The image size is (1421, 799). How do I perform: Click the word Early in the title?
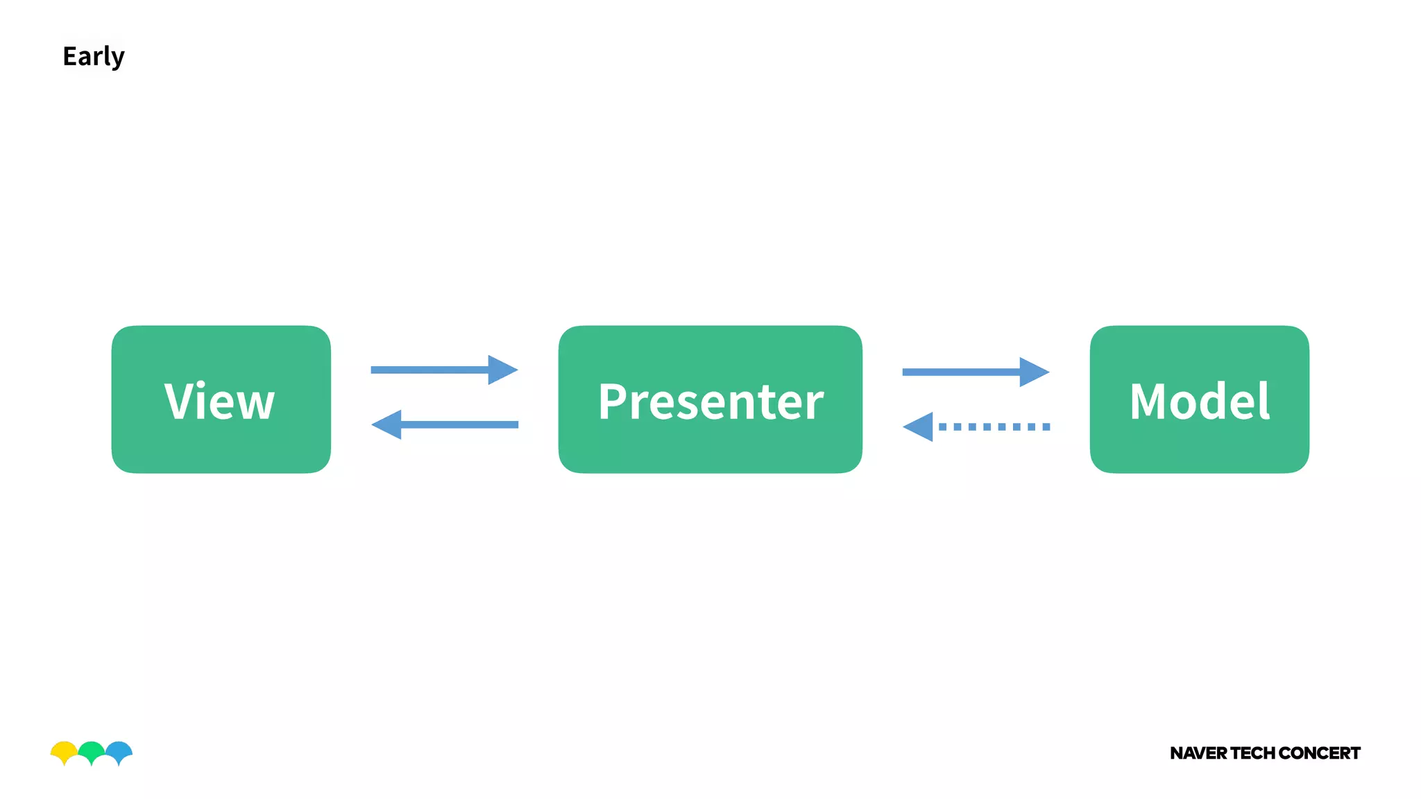click(x=93, y=56)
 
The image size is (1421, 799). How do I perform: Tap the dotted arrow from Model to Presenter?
click(x=992, y=427)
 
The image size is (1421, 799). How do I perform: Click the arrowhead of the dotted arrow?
click(x=920, y=427)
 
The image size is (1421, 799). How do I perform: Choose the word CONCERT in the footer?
click(x=1319, y=753)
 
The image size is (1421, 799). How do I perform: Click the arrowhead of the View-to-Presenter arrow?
click(x=502, y=370)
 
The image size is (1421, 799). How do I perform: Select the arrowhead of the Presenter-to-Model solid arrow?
click(x=1033, y=372)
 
